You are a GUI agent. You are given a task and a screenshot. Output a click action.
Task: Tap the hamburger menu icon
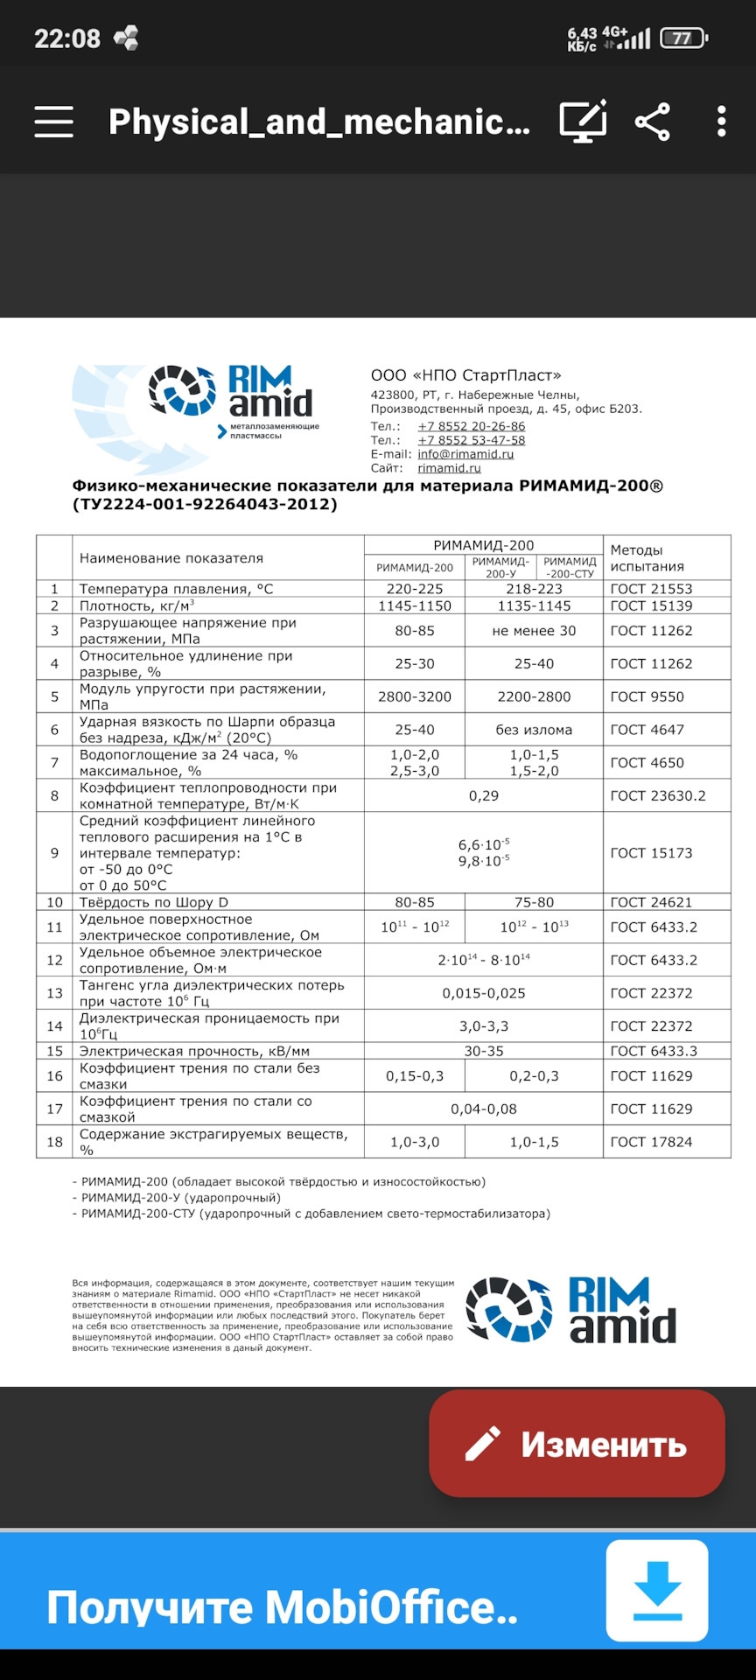point(53,122)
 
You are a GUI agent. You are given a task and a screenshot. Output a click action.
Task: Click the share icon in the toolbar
point(653,122)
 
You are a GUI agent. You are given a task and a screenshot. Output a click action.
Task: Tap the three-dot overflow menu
point(721,122)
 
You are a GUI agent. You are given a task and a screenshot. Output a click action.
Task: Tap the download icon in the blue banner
point(657,1590)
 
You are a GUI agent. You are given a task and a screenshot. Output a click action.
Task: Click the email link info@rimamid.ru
point(465,454)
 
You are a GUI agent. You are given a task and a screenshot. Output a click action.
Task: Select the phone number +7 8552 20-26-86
point(472,426)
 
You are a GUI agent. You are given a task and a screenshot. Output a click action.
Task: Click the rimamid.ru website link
point(449,468)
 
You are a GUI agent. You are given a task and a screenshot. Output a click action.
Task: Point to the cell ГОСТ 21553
point(651,589)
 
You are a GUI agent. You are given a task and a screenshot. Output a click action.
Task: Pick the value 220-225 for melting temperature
point(415,589)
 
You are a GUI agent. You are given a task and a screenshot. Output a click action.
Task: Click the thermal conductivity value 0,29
point(484,795)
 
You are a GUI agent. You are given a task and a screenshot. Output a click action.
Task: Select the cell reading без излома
point(534,730)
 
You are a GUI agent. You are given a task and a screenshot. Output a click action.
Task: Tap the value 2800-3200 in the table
point(415,696)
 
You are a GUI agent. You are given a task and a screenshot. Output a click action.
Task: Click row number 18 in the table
point(54,1142)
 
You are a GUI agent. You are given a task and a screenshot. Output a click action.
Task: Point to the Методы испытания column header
point(647,558)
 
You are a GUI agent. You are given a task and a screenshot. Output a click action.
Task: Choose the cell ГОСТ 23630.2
point(657,795)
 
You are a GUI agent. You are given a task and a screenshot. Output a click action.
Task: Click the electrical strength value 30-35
point(484,1051)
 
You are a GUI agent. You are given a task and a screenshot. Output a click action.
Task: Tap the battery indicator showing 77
point(683,38)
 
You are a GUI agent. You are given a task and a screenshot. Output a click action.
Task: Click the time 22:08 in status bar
point(67,38)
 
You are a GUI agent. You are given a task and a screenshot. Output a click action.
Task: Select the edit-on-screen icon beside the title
point(583,122)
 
